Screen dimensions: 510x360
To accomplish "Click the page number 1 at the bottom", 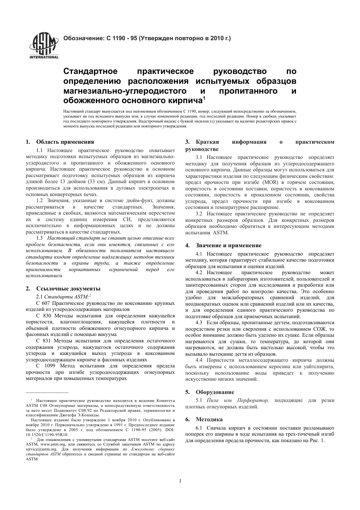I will coord(180,481).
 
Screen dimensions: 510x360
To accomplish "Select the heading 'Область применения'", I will coord(65,142).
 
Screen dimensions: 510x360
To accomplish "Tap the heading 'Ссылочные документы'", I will coord(68,289).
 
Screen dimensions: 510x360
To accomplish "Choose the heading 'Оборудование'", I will coord(215,392).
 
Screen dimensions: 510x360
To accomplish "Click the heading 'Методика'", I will coord(209,419).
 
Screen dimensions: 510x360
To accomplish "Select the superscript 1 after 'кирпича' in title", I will coord(204,99).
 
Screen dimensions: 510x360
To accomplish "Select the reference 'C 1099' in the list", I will coord(45,366).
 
